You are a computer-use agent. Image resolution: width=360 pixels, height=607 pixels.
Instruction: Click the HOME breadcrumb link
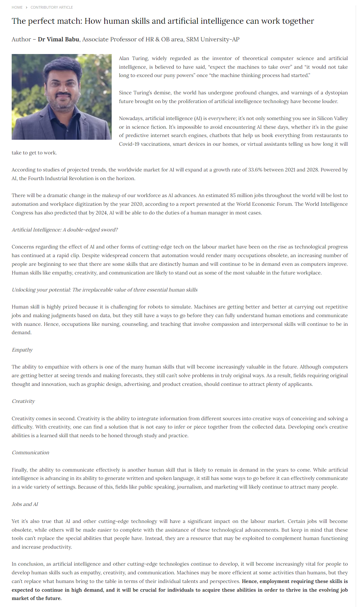pyautogui.click(x=17, y=7)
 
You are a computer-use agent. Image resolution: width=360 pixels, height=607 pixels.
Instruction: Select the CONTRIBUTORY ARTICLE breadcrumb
pyautogui.click(x=52, y=7)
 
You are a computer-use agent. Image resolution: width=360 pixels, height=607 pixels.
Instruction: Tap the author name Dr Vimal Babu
pyautogui.click(x=58, y=39)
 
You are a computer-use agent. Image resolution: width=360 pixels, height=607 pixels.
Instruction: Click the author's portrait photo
pyautogui.click(x=62, y=97)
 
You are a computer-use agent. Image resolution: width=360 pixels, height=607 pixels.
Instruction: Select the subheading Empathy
pyautogui.click(x=22, y=350)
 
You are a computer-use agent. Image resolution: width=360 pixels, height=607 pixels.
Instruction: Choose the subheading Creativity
pyautogui.click(x=23, y=401)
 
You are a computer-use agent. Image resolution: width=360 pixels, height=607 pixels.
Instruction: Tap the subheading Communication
pyautogui.click(x=30, y=453)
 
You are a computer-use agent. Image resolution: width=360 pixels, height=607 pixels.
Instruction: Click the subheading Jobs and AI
pyautogui.click(x=25, y=504)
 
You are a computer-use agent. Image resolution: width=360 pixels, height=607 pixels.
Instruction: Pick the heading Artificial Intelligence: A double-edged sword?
pyautogui.click(x=65, y=230)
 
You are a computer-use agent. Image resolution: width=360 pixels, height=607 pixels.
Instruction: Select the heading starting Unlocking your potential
pyautogui.click(x=105, y=290)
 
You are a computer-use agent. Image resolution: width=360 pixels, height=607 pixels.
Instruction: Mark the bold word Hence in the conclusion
pyautogui.click(x=249, y=581)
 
